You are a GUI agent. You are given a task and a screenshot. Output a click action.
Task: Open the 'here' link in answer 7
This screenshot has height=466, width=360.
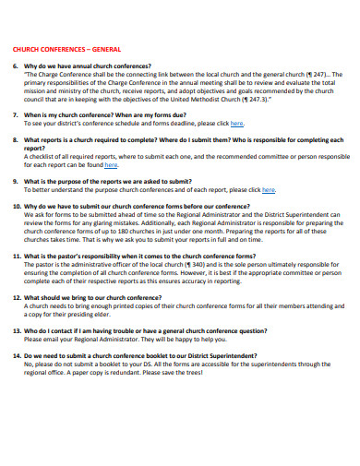[237, 123]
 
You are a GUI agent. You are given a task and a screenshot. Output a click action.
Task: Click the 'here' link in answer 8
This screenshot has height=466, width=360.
[111, 165]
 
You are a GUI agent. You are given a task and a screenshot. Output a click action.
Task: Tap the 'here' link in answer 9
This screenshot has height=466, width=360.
[269, 190]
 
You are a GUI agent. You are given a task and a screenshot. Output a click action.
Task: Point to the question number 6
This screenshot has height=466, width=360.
[15, 66]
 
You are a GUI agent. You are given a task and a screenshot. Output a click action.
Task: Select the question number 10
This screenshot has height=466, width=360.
[17, 207]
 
